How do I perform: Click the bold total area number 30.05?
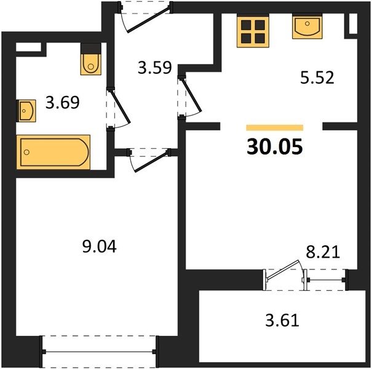275,146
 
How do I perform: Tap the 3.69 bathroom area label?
62,103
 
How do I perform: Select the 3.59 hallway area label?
155,68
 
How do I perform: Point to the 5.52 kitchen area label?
317,77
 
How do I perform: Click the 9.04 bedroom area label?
100,247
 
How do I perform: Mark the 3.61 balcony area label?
282,320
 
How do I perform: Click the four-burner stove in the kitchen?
253,31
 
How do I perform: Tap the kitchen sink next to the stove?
307,26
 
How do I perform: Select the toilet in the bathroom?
91,59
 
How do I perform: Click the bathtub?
53,152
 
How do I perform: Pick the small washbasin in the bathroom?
26,111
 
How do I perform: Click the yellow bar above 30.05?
275,128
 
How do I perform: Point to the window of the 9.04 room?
99,351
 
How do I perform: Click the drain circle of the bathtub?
26,152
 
